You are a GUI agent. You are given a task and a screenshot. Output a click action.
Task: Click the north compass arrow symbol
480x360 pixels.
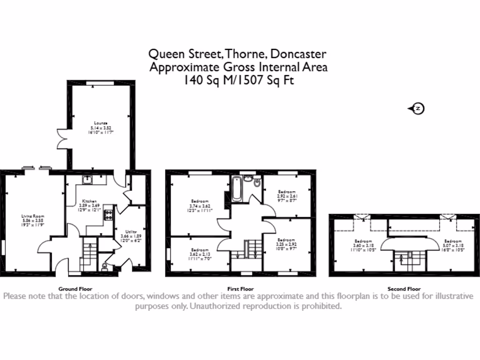pos(416,109)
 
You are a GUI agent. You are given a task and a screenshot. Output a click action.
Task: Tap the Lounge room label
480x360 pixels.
pos(102,127)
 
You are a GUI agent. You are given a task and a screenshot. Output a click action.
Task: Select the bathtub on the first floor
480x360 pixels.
pos(236,188)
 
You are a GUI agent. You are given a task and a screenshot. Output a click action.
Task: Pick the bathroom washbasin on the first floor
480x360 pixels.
pos(247,179)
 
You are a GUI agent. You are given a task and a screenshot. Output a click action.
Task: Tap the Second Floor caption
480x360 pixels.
pos(404,289)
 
